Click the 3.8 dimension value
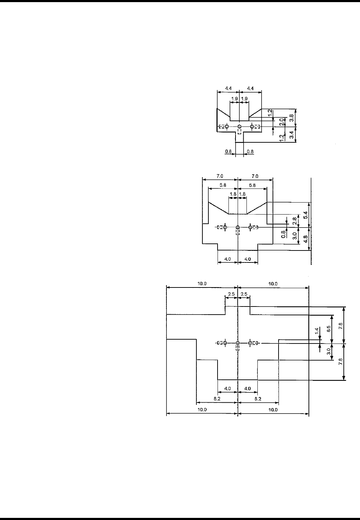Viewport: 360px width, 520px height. [292, 118]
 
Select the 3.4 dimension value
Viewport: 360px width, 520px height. [292, 135]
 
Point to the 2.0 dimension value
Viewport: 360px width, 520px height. [281, 122]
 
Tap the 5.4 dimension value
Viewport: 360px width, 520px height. [306, 215]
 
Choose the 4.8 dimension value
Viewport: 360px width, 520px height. [306, 239]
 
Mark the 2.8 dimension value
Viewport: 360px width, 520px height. [294, 221]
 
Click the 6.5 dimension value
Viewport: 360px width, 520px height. [329, 329]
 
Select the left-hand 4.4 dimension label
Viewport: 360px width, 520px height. [228, 88]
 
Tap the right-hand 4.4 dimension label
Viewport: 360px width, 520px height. [250, 88]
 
